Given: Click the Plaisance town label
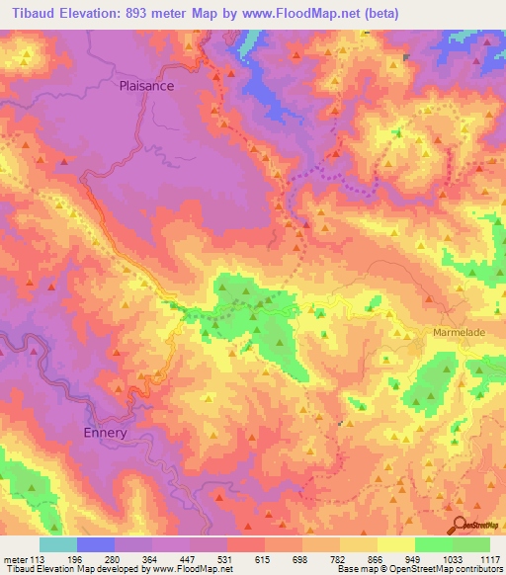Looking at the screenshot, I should [146, 86].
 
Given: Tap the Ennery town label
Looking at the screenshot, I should [105, 433].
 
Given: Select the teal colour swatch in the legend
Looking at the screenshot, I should [58, 544].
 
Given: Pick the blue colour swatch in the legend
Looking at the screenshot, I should [96, 544].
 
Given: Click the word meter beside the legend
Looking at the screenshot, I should [15, 558].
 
